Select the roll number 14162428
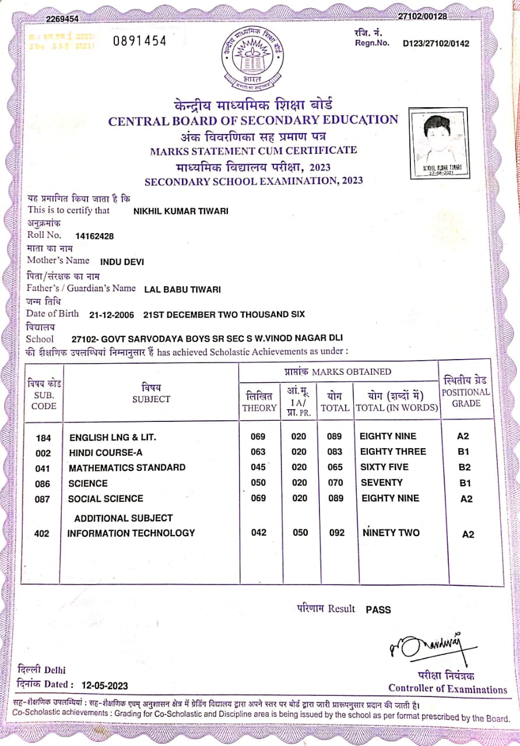(x=94, y=236)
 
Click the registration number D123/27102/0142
(x=435, y=43)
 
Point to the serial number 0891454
(x=139, y=40)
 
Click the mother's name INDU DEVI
(x=122, y=262)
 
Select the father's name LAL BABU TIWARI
(x=174, y=289)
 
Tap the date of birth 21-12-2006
(x=111, y=315)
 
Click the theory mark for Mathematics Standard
(x=258, y=467)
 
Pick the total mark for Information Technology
(x=337, y=533)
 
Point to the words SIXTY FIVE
(x=384, y=467)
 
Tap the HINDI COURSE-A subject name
(x=106, y=453)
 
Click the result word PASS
(x=378, y=610)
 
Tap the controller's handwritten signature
(x=429, y=645)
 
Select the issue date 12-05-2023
(x=105, y=686)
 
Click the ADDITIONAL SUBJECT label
(x=123, y=518)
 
